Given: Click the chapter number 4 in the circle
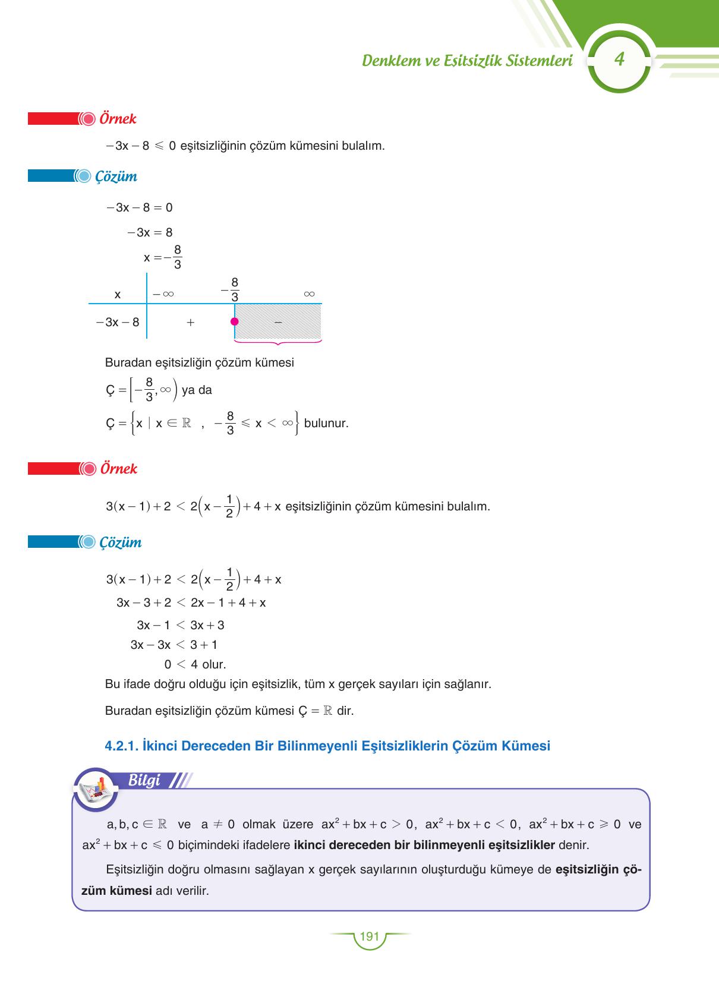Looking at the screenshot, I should click(x=620, y=59).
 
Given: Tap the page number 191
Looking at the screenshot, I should click(x=369, y=936).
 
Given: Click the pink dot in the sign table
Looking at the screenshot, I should click(x=235, y=322).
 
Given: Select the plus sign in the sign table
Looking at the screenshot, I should click(x=190, y=323).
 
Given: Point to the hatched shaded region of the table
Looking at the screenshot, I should click(x=278, y=321).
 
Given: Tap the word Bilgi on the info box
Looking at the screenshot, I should click(x=144, y=780).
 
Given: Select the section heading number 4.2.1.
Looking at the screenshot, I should click(x=121, y=746).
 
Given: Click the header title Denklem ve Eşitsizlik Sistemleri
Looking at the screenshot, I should click(x=467, y=61).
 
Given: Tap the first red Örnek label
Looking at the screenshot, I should click(x=118, y=119).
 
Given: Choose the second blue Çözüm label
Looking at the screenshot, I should click(x=121, y=542).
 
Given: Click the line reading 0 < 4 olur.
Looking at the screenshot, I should click(x=195, y=664).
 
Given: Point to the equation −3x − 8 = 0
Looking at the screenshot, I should click(x=139, y=207).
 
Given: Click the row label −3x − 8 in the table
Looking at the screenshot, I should click(x=118, y=323).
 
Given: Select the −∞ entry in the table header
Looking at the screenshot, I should click(x=163, y=294).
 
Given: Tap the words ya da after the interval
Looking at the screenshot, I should click(x=197, y=390).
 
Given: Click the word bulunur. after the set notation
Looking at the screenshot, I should click(x=326, y=424).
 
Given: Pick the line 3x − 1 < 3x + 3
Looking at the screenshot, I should click(x=180, y=625).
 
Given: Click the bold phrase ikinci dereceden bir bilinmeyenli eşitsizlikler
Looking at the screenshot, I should click(x=424, y=845).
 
